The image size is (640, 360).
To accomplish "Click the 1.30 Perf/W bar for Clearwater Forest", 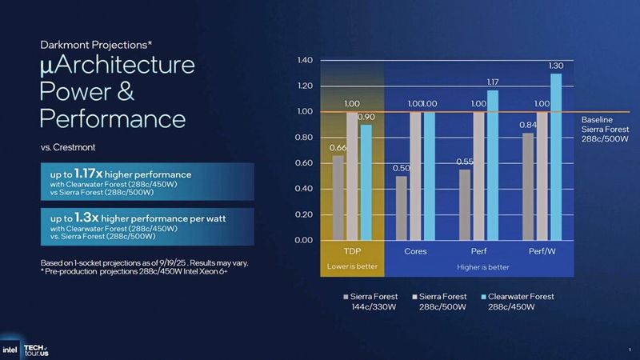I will (556, 156).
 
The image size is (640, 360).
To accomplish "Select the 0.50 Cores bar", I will (401, 208).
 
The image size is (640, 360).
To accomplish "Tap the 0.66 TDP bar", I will (338, 198).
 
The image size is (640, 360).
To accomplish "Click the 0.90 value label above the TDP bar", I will (366, 118).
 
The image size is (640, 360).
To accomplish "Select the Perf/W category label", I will (540, 251).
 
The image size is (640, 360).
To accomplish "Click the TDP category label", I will (352, 251).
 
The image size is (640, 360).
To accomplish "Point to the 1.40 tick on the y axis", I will (303, 61).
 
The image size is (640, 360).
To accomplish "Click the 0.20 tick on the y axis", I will (303, 214).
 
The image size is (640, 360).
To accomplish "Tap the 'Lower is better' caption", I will (352, 266).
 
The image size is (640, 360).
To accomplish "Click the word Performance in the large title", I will (112, 119).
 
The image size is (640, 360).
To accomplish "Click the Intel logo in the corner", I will (10, 349).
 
